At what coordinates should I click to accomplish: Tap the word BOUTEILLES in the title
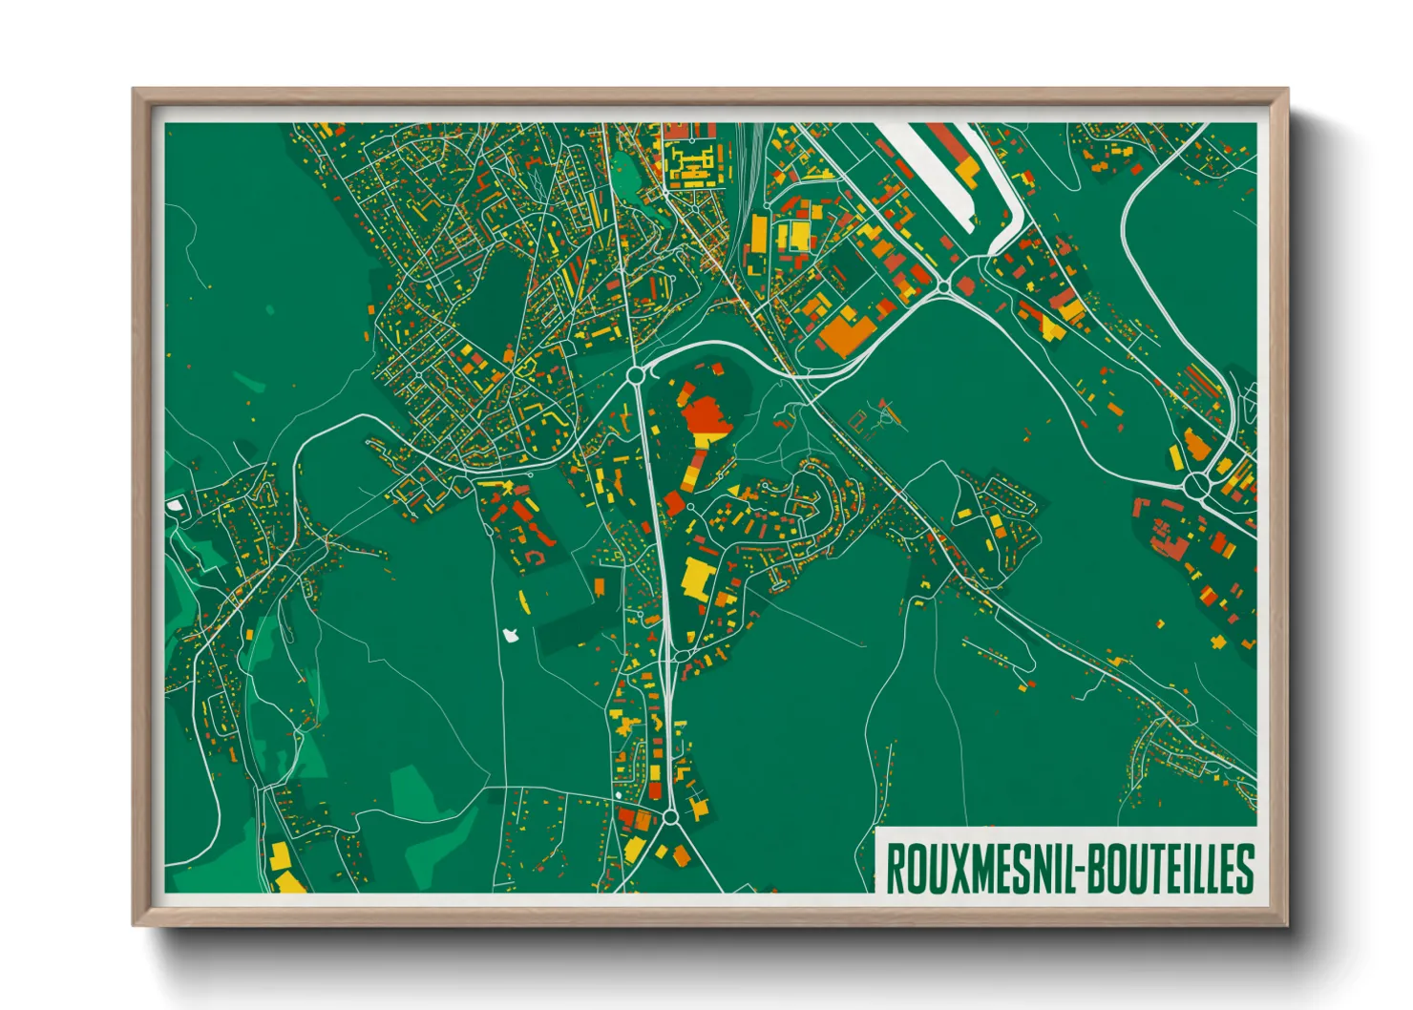click(x=1168, y=868)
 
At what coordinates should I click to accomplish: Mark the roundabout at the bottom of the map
click(x=670, y=817)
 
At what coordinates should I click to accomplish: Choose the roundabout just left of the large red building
click(x=635, y=376)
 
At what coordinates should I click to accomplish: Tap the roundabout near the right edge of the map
click(x=1196, y=487)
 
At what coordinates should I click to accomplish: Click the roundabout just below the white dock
click(x=943, y=286)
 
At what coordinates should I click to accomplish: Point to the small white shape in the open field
click(x=510, y=634)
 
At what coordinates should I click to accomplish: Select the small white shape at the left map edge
click(x=174, y=504)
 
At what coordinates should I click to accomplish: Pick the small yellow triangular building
click(x=733, y=490)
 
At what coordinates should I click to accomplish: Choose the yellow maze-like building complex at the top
click(x=689, y=164)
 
